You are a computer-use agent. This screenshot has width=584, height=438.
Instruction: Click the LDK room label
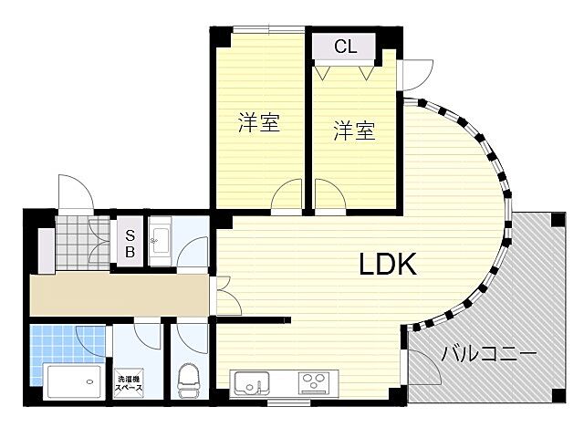[x=387, y=265]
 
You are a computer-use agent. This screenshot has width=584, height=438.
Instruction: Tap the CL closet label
[x=345, y=47]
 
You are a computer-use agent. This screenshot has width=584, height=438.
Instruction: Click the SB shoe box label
[x=130, y=243]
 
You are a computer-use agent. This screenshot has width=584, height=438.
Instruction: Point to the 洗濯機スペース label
[x=129, y=383]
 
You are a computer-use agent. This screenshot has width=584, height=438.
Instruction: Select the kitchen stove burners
[x=315, y=382]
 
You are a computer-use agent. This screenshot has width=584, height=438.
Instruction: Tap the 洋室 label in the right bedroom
[x=354, y=131]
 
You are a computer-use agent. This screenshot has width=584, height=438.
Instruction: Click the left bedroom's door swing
[x=287, y=194]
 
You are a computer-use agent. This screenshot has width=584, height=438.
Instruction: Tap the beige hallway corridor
[x=119, y=294]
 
